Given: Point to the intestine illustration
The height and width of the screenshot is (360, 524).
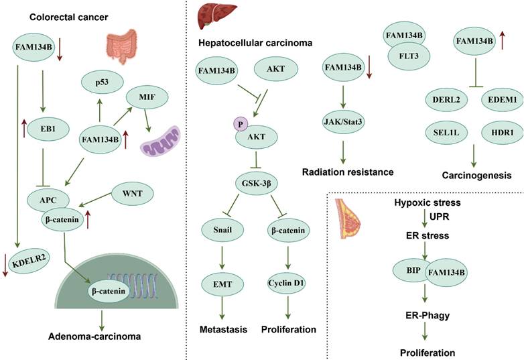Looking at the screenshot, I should coord(124,48).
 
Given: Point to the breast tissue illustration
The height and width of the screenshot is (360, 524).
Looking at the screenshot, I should coord(349,221).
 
